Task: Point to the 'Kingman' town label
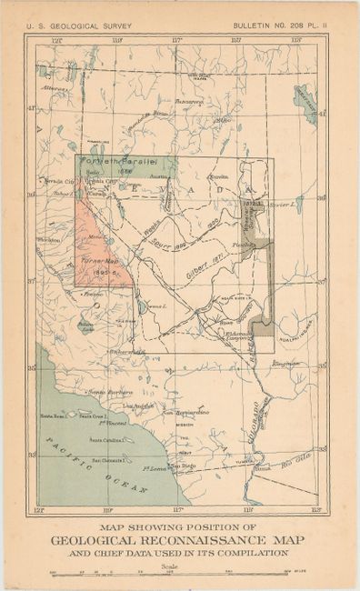point(286,363)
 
